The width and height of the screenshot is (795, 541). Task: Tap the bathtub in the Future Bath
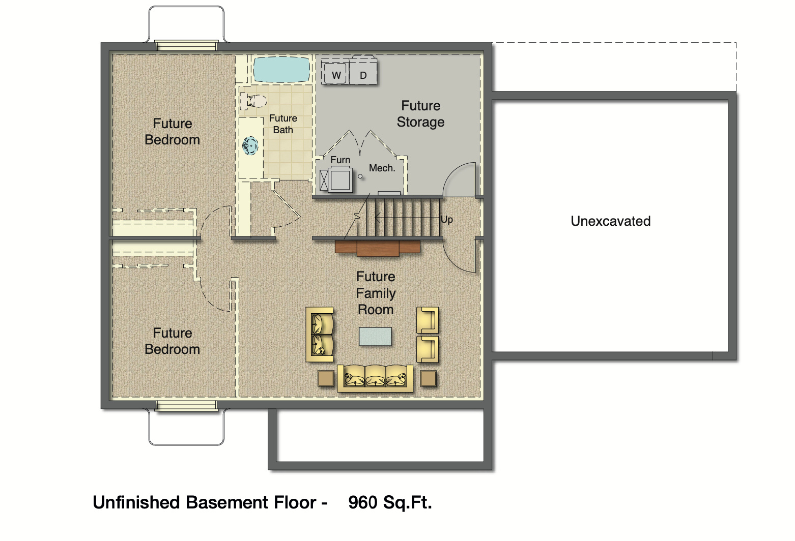pos(281,69)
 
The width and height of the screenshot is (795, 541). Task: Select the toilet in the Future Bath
pos(254,101)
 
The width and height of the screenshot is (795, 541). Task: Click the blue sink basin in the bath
pos(250,146)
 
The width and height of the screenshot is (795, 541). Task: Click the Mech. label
pos(382,168)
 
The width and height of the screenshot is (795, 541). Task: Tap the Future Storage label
pos(420,114)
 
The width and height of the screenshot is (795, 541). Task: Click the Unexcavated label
pos(610,221)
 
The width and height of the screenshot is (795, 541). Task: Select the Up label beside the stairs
pos(446,220)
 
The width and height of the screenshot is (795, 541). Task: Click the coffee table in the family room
pos(375,337)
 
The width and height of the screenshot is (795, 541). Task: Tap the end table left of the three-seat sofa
pos(326,378)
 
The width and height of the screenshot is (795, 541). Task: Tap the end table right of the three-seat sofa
pos(428,378)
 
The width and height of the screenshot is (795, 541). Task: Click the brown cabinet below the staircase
pos(378,248)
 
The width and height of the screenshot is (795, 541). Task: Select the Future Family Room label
pos(376,293)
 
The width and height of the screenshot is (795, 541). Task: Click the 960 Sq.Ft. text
pos(390,502)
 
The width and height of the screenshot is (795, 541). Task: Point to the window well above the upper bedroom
pos(186,25)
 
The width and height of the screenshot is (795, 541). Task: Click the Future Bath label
pos(283,124)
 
